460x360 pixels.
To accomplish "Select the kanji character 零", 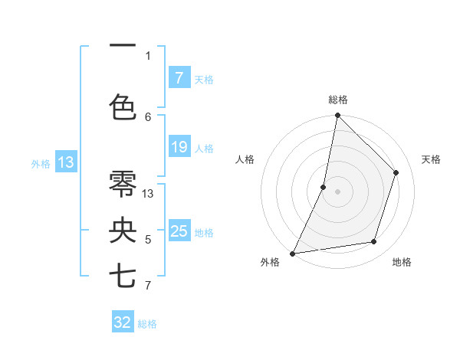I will (x=123, y=183).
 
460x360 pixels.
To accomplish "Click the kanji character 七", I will (x=123, y=276).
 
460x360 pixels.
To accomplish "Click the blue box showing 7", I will (x=179, y=78).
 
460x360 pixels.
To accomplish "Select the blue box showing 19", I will (x=179, y=147).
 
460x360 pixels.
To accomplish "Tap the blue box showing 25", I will (x=179, y=231).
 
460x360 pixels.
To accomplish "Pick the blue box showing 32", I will (x=123, y=322).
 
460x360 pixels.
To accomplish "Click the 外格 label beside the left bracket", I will (x=40, y=163).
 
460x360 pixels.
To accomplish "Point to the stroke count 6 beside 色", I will (x=148, y=116).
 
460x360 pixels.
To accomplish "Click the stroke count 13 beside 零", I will (x=148, y=194).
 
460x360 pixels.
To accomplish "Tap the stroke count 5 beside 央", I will (x=148, y=240).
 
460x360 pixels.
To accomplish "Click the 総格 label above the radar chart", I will (x=337, y=100).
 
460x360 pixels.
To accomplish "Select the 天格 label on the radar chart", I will (x=431, y=159).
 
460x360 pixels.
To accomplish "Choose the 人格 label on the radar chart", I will (x=245, y=159).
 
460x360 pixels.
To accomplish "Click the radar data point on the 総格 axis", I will (x=337, y=116).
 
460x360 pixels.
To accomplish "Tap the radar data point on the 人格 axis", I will (x=324, y=187).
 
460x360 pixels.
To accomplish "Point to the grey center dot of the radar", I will (x=337, y=191).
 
